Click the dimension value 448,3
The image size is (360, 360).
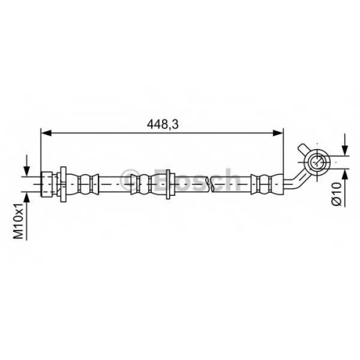[x=163, y=125]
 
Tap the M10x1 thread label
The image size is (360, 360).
[x=19, y=221]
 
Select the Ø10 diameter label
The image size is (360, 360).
[x=336, y=194]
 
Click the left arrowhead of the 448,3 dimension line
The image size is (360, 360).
[x=46, y=132]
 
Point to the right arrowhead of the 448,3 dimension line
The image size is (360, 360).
[x=278, y=132]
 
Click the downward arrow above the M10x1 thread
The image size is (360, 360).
[x=27, y=166]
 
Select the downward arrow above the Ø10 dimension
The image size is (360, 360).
[x=345, y=145]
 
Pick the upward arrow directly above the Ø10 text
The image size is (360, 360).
[x=345, y=188]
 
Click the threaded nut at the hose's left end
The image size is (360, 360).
[x=47, y=184]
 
